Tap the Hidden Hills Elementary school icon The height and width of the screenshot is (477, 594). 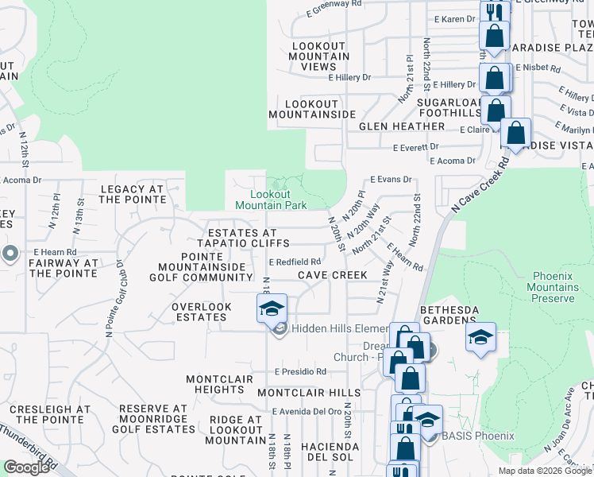[x=272, y=308]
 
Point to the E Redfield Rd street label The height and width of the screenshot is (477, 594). [x=295, y=262]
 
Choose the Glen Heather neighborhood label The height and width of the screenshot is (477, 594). [x=401, y=126]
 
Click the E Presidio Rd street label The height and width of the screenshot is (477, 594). [x=300, y=371]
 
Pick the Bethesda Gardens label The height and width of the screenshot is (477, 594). [x=449, y=315]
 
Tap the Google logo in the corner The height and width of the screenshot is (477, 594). [x=26, y=467]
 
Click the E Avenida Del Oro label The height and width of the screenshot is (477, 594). [x=306, y=412]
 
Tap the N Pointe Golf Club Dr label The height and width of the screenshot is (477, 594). [x=114, y=294]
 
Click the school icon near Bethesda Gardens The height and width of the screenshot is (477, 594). [x=480, y=337]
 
